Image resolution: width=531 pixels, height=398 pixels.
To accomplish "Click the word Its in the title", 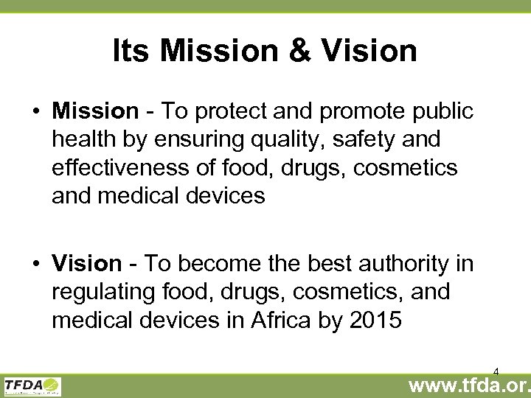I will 131,51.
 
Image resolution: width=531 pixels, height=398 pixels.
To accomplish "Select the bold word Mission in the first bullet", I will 95,111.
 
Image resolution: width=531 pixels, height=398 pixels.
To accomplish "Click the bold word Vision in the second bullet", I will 86,263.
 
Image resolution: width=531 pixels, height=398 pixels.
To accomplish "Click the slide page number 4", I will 496,371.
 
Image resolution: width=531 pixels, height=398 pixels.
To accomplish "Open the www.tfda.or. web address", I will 469,385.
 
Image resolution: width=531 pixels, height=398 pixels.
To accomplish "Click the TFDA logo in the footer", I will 32,385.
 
